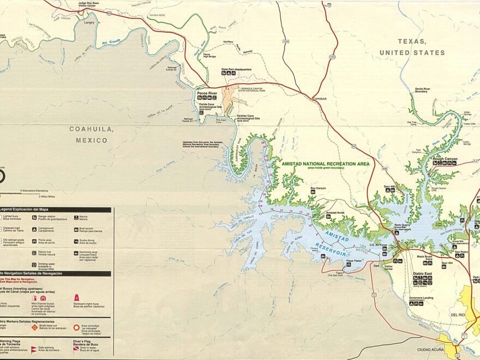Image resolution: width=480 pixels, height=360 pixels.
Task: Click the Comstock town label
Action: (319, 99)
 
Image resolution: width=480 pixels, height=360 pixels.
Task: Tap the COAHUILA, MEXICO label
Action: (92, 134)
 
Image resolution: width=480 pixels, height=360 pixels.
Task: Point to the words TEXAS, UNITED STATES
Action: (412, 47)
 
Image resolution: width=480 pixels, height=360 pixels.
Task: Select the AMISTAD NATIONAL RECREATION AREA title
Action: (325, 164)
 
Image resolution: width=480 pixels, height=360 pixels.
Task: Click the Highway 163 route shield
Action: (332, 56)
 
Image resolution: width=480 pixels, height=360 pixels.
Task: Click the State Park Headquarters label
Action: (236, 70)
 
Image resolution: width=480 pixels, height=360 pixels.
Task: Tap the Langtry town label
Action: (89, 22)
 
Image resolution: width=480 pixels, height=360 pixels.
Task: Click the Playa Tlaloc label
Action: (353, 260)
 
